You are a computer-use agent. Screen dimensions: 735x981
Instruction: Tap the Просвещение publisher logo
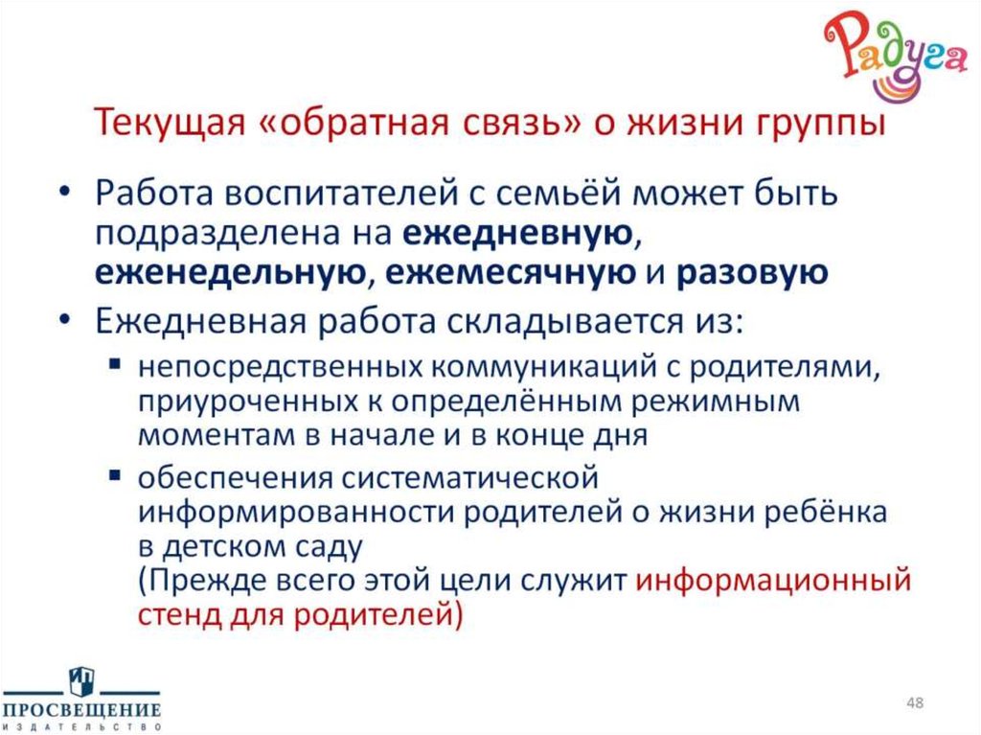coord(80,698)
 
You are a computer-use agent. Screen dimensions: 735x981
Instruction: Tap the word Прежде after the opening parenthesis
coord(211,580)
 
